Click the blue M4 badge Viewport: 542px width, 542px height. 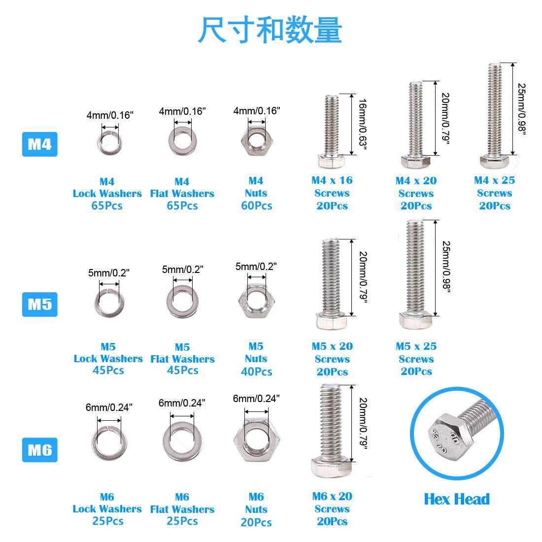[39, 144]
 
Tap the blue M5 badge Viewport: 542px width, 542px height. [39, 304]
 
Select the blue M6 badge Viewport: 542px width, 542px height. [39, 450]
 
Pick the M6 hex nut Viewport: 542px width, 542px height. [256, 440]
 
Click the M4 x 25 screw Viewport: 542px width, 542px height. [494, 116]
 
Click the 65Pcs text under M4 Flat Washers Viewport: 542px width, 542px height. [182, 206]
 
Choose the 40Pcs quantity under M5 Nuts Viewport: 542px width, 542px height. [256, 372]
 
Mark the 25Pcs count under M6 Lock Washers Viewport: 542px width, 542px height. [108, 521]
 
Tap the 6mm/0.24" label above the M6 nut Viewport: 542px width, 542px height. [256, 399]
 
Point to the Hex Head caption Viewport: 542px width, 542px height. [457, 499]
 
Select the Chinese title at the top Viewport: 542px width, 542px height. [270, 31]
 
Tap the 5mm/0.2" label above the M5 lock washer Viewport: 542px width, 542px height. [108, 273]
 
